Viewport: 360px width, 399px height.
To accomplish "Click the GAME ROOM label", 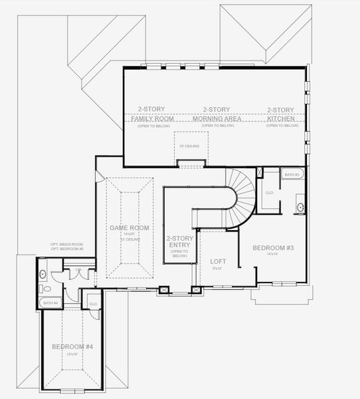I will coord(130,227).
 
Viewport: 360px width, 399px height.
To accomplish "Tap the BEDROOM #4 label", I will coord(72,346).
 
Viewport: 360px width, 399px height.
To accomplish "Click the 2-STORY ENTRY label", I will coord(179,241).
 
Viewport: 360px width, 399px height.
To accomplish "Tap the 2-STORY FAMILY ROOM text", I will coord(151,114).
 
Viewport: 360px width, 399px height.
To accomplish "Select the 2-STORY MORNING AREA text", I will coord(217,114).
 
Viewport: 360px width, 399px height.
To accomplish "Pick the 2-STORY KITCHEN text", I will coord(280,114).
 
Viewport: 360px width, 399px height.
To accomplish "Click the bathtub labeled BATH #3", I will coord(293,174).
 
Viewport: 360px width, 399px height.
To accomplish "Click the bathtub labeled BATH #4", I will coord(50,303).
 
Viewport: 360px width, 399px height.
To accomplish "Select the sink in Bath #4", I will coord(43,273).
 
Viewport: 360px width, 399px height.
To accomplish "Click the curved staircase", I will coord(241,197).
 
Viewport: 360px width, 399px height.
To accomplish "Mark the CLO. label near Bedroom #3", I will coord(270,194).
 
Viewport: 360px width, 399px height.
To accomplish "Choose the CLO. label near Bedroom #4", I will coord(93,304).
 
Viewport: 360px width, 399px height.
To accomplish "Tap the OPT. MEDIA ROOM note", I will coord(66,244).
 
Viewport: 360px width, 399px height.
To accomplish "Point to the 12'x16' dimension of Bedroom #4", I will coord(72,354).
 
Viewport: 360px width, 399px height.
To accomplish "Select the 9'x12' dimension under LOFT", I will coord(217,269).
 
